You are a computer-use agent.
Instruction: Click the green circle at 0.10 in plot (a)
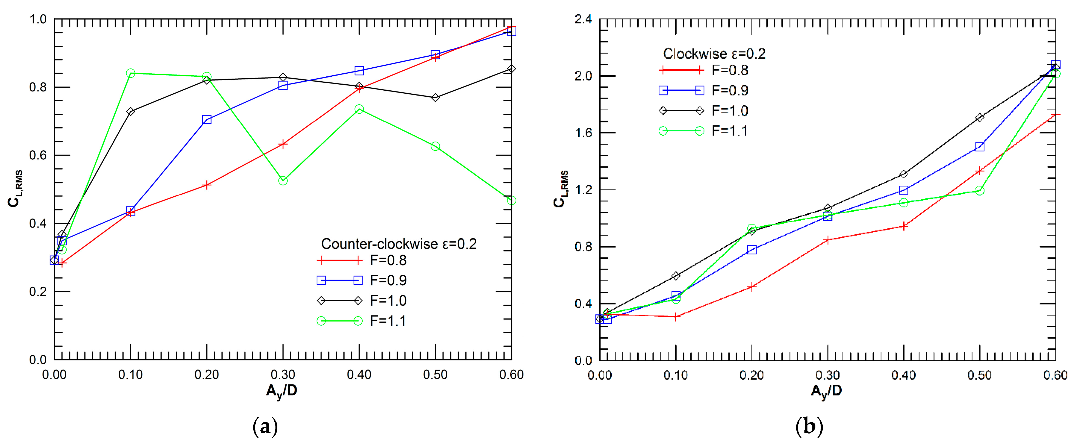130,73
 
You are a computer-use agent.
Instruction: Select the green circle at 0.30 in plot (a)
283,180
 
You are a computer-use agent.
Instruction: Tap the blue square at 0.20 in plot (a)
207,120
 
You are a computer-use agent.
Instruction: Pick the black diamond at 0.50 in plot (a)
435,97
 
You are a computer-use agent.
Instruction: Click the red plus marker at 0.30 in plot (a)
283,144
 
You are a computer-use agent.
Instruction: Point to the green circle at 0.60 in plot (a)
512,200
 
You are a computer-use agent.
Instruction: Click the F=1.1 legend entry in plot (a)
362,321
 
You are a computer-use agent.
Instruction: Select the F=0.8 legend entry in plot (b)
704,70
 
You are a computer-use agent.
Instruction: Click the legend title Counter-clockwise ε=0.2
399,244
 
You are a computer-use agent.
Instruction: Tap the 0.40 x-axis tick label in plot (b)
903,375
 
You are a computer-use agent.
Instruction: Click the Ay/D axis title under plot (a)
282,391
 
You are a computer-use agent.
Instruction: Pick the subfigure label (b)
809,427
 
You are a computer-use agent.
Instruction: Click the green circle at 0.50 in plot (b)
980,191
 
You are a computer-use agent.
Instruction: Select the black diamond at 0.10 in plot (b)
676,276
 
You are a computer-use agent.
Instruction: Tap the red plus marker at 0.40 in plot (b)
903,226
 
